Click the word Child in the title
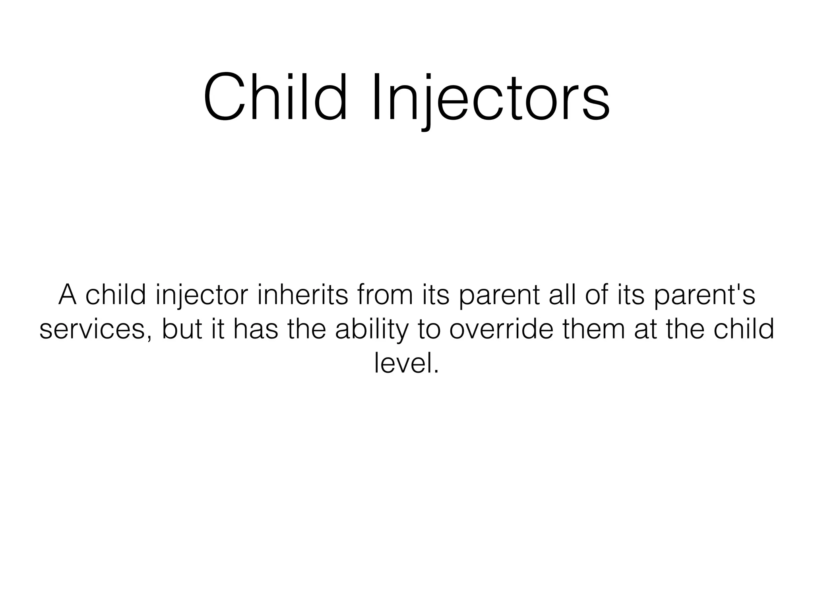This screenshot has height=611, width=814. pyautogui.click(x=275, y=97)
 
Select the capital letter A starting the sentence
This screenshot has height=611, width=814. pyautogui.click(x=68, y=295)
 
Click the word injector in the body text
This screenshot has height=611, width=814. pyautogui.click(x=202, y=295)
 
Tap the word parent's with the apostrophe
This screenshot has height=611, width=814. pyautogui.click(x=704, y=295)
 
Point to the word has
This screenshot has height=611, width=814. pyautogui.click(x=255, y=330)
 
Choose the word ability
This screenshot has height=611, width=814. pyautogui.click(x=372, y=330)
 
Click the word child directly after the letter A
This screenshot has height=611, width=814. pyautogui.click(x=115, y=295)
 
